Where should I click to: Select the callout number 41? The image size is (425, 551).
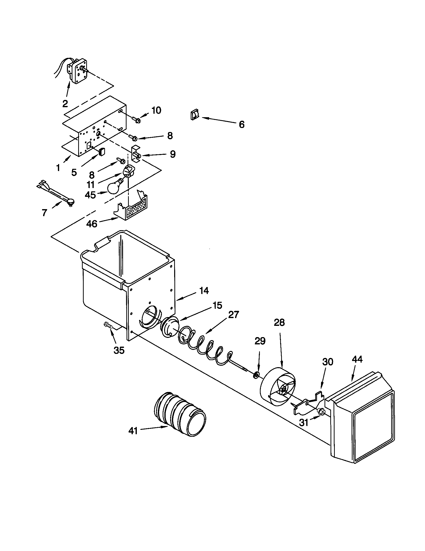[x=133, y=431]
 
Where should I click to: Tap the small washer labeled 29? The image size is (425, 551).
[x=256, y=376]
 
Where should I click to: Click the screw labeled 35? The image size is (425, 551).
[x=108, y=325]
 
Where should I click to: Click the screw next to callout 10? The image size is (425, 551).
[x=136, y=119]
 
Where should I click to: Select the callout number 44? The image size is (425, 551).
[x=357, y=359]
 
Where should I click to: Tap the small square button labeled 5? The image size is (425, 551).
[x=101, y=152]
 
